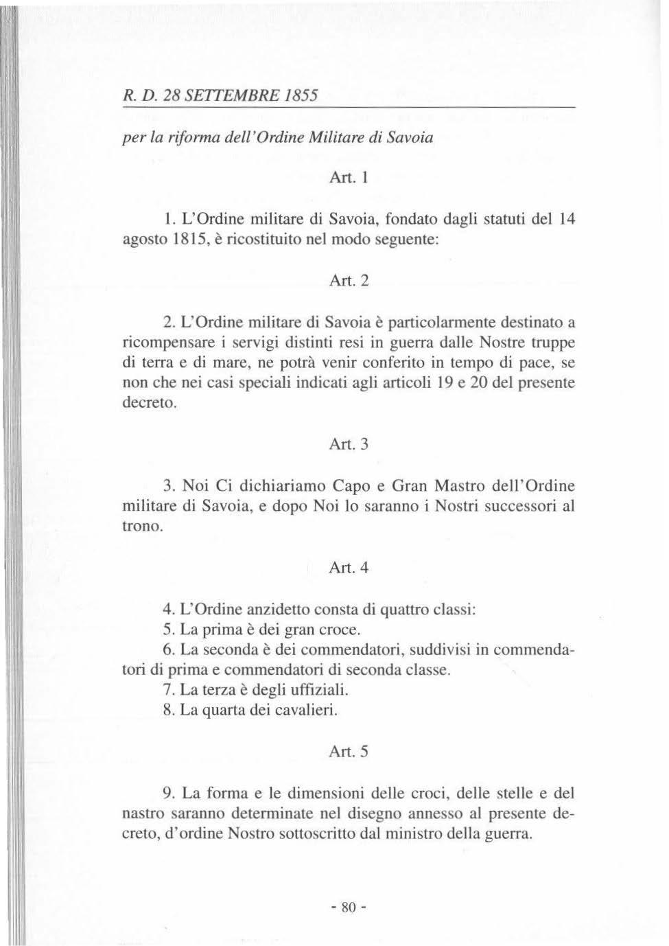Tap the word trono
point(142,527)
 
